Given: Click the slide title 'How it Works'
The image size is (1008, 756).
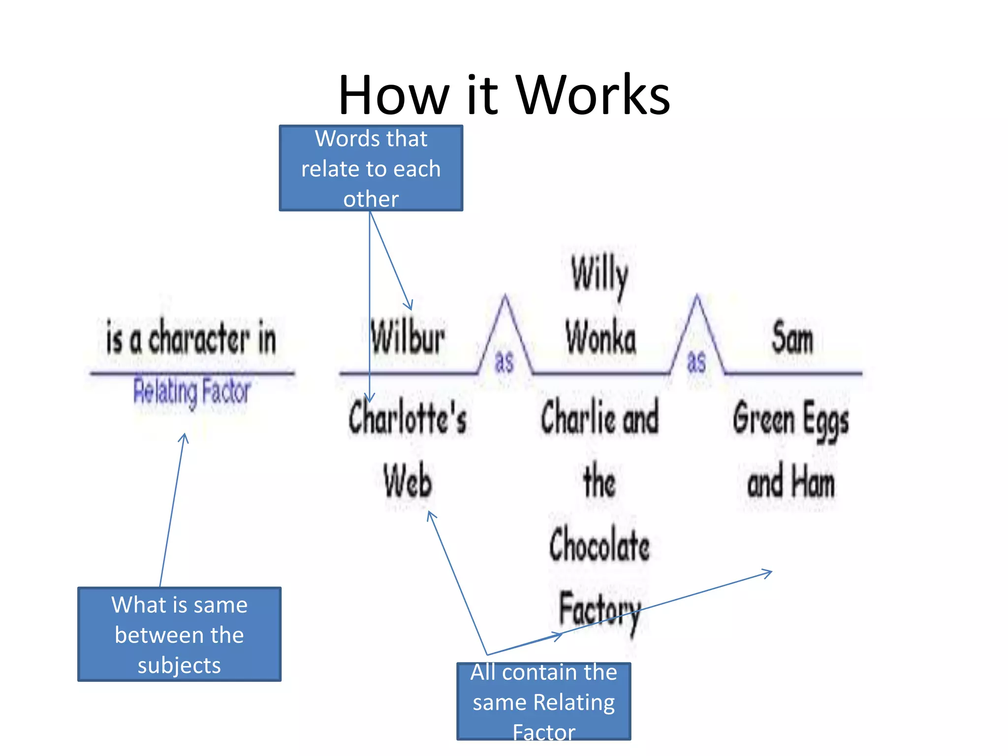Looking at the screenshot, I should [504, 94].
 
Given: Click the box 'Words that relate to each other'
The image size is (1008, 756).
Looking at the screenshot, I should [371, 168].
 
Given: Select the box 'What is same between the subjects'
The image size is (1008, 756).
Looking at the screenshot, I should [179, 634].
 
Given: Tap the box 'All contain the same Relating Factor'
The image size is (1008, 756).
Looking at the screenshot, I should [543, 701].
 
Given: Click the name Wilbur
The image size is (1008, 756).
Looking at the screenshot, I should [408, 338].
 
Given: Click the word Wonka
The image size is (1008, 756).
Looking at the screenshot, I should [600, 338].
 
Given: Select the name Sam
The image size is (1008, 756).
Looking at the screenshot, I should [792, 338].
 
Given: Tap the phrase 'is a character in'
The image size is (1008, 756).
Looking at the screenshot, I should [191, 338].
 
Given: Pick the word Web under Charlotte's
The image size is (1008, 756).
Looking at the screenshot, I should [408, 481].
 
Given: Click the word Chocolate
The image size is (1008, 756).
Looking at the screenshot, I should [599, 545].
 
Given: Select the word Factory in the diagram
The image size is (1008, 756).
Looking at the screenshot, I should [599, 609].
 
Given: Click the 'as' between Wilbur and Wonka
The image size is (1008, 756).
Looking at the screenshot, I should [504, 362].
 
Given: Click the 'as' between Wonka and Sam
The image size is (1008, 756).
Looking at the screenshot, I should [696, 362].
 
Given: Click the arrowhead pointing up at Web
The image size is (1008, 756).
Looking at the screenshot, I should [431, 514].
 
